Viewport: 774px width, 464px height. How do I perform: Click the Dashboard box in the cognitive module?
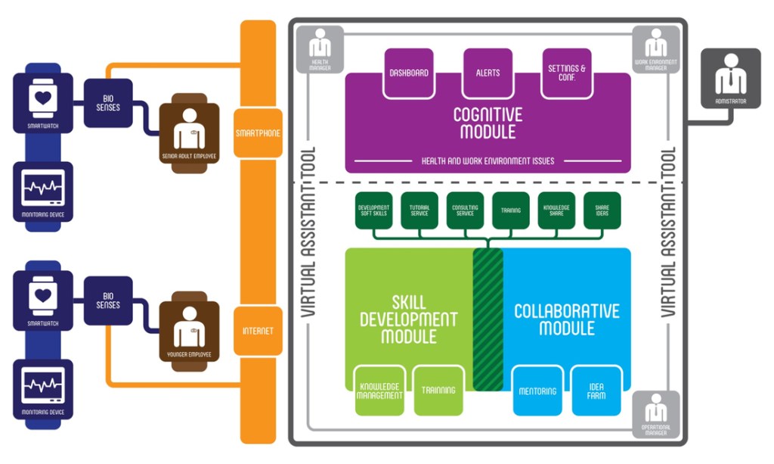(409, 73)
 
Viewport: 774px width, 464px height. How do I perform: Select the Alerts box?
(488, 73)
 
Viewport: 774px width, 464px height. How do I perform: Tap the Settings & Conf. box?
(567, 73)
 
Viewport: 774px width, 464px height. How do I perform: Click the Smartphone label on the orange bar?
(258, 133)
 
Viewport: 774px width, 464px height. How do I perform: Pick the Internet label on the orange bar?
(258, 331)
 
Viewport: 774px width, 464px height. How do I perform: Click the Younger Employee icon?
(189, 331)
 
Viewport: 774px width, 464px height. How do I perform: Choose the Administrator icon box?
(730, 79)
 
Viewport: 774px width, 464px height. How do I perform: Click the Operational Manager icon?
(655, 413)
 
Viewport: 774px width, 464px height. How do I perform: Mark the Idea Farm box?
(596, 391)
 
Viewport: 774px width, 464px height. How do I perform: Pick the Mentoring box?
(537, 391)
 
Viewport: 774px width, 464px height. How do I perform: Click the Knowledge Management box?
(380, 390)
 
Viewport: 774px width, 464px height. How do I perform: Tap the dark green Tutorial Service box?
(420, 210)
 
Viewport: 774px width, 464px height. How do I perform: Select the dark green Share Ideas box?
(602, 210)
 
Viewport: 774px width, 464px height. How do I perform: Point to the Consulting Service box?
(466, 210)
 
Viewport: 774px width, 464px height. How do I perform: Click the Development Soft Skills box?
(373, 210)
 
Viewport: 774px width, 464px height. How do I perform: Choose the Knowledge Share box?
(556, 210)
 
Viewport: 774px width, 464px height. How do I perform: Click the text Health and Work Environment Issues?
(488, 161)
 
